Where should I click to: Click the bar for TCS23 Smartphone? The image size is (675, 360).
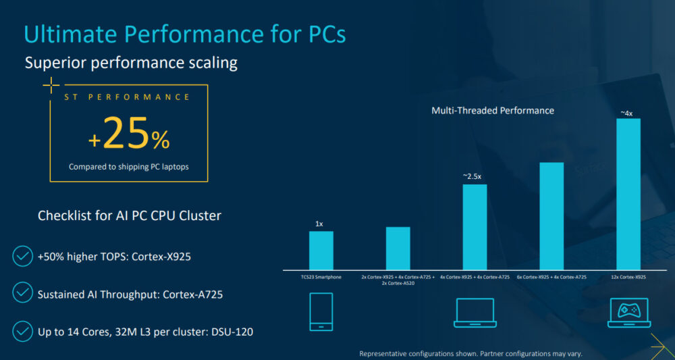pos(321,251)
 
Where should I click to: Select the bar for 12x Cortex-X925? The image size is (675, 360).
pos(628,195)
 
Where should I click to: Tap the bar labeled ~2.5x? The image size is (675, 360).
pos(475,227)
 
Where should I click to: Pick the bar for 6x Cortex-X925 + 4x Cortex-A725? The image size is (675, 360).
pos(551,216)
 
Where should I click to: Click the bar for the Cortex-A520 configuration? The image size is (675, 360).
pos(398,248)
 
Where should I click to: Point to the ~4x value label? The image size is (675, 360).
pos(627,113)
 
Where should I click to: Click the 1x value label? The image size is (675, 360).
pos(319,223)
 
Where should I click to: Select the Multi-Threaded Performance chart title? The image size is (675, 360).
pos(492,110)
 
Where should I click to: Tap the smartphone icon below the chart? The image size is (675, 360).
pos(321,311)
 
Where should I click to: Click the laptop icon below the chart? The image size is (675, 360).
pos(475,313)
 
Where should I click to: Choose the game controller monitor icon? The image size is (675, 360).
pos(628,313)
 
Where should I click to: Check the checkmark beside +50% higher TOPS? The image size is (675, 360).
pos(22,257)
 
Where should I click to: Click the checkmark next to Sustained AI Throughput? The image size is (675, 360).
pos(22,294)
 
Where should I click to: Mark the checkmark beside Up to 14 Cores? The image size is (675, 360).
pos(22,331)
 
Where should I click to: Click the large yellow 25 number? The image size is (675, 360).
pos(126,134)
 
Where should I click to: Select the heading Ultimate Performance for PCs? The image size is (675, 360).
pos(185,34)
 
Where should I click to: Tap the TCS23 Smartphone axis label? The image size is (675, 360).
pos(321,277)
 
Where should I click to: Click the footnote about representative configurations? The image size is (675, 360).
pos(470,353)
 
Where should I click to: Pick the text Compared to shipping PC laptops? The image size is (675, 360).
pos(128,166)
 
